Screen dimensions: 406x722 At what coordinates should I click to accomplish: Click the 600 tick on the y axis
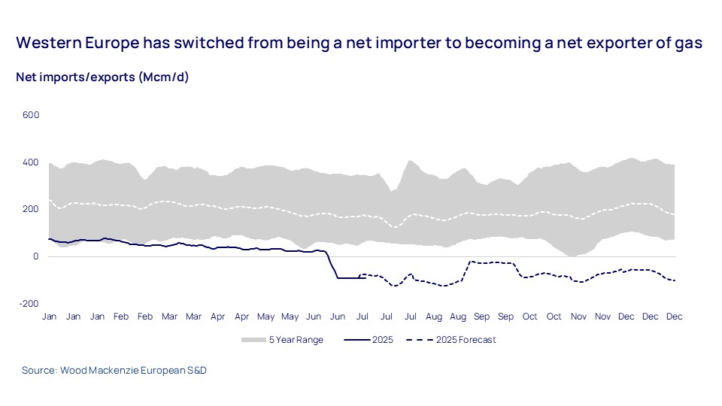pyautogui.click(x=30, y=115)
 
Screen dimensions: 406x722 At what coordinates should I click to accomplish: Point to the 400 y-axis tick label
pyautogui.click(x=30, y=162)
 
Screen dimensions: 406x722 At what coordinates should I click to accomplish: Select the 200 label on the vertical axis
pyautogui.click(x=30, y=209)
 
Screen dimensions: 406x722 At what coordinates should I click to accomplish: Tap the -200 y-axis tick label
pyautogui.click(x=29, y=303)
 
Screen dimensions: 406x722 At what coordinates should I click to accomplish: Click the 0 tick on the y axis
pyautogui.click(x=35, y=256)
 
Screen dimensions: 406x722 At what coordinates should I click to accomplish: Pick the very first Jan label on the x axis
pyautogui.click(x=49, y=317)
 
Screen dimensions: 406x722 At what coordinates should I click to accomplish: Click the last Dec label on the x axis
pyautogui.click(x=674, y=317)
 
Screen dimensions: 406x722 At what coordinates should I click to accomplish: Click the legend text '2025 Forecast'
pyautogui.click(x=466, y=340)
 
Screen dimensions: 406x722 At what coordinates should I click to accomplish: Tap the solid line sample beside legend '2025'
pyautogui.click(x=357, y=340)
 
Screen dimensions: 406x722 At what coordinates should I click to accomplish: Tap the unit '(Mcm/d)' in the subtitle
pyautogui.click(x=163, y=78)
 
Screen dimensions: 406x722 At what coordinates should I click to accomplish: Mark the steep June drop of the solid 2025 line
pyautogui.click(x=332, y=265)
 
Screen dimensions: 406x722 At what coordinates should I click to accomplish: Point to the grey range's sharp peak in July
pyautogui.click(x=410, y=161)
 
